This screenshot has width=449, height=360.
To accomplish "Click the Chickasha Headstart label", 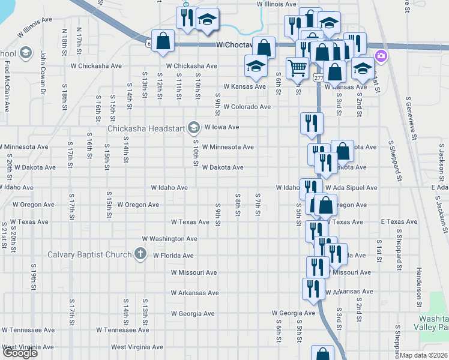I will click(x=146, y=128).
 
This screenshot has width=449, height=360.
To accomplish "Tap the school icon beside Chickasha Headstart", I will click(x=194, y=127).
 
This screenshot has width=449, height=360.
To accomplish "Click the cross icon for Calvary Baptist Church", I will click(x=141, y=254).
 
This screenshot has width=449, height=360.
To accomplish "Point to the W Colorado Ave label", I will click(x=247, y=107).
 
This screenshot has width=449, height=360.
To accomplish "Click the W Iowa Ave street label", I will click(x=221, y=127).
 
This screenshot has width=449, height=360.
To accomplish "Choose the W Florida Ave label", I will click(x=173, y=256).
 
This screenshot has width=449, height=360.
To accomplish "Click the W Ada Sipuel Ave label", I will click(x=351, y=188).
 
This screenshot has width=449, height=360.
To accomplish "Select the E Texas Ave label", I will click(x=399, y=222).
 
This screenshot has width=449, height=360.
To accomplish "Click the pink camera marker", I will click(x=380, y=57).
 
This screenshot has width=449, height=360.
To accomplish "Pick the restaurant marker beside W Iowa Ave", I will click(x=312, y=123).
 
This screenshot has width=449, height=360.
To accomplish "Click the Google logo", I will click(x=20, y=353).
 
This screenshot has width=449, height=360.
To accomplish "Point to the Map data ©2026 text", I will click(x=424, y=355).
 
